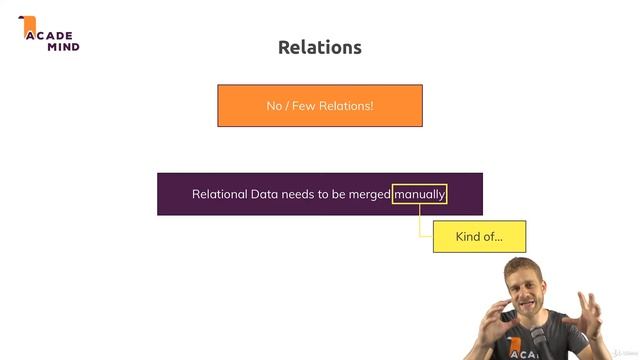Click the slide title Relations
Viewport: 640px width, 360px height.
pos(319,47)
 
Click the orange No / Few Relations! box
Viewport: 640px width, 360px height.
pos(319,105)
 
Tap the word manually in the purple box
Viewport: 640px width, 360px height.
pos(420,194)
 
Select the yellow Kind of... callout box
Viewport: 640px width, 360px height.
pos(479,237)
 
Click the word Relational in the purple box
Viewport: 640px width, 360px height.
pos(220,194)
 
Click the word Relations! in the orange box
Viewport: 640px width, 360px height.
pos(348,105)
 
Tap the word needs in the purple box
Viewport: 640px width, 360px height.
pos(305,194)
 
